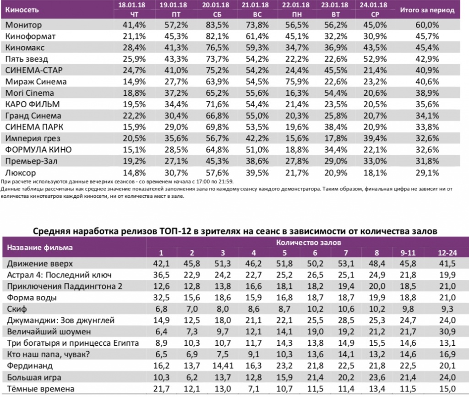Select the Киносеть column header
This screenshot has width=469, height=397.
[x=22, y=9]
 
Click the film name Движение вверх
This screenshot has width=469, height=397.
[x=40, y=264]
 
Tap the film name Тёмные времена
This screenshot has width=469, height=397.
[x=40, y=389]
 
